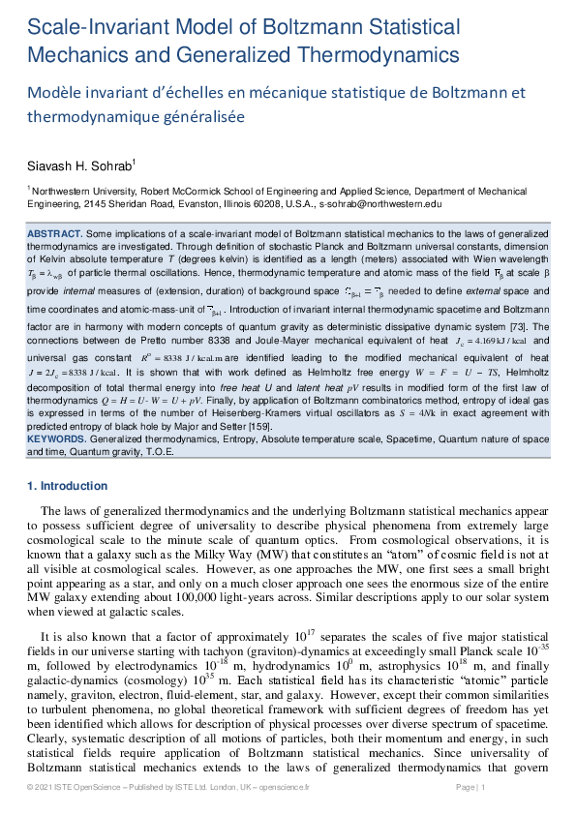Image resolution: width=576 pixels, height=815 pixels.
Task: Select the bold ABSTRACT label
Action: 55,234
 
